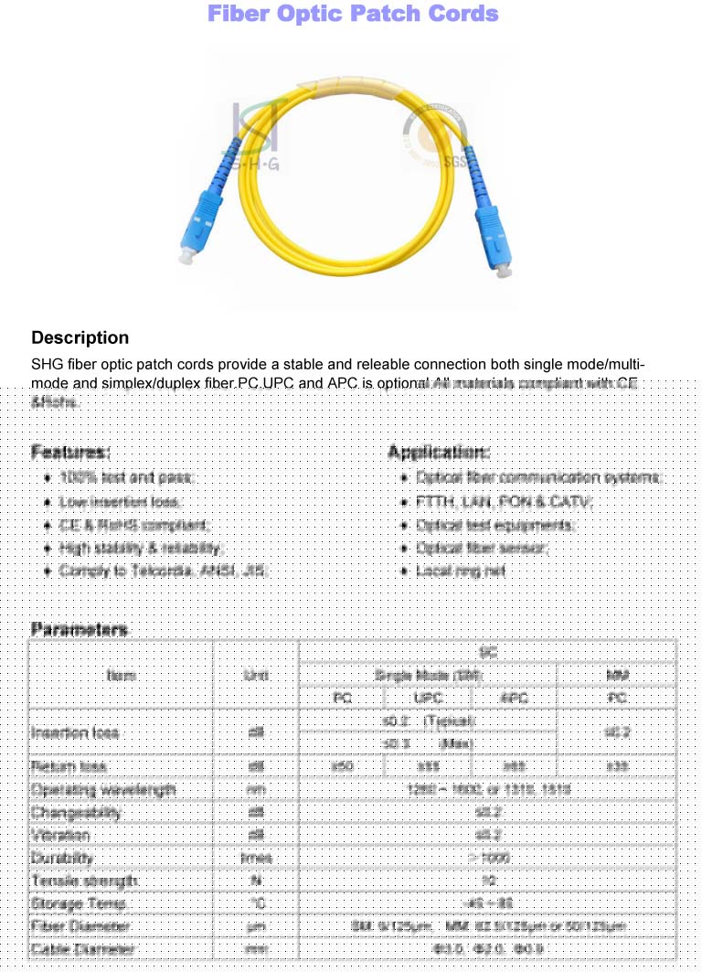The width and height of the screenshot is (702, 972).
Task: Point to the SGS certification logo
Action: click(435, 137)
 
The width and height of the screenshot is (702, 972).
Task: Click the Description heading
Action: click(80, 338)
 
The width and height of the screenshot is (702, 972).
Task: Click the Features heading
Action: click(70, 452)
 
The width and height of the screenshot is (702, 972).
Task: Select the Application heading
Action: click(439, 452)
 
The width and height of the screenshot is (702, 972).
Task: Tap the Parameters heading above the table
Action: click(79, 629)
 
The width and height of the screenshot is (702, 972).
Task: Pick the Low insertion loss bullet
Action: click(120, 502)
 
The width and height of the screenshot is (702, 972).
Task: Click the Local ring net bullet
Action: click(461, 571)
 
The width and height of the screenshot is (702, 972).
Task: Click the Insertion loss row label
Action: click(73, 732)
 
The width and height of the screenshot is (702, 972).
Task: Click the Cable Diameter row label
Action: click(82, 949)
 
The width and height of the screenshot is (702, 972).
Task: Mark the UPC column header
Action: click(428, 698)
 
